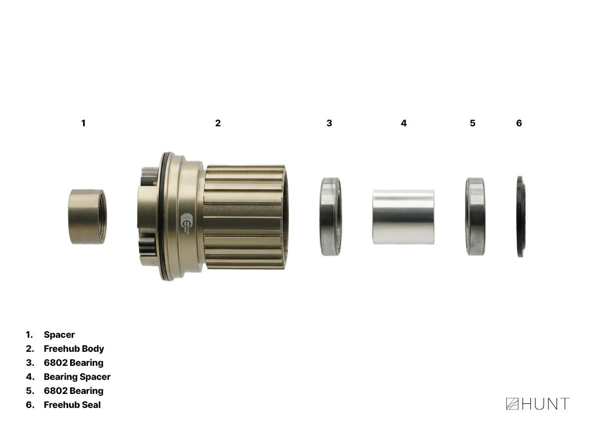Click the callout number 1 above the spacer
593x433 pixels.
click(x=83, y=123)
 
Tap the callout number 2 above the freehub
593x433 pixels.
click(x=218, y=123)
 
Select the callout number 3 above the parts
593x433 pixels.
click(x=329, y=123)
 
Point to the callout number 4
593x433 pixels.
click(x=404, y=123)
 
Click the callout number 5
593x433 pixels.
click(x=472, y=123)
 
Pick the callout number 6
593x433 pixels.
click(x=519, y=123)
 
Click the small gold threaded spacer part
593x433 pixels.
click(x=87, y=216)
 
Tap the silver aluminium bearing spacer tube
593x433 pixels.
click(x=403, y=217)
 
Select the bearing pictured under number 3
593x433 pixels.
click(x=331, y=216)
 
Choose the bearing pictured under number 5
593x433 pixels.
click(x=475, y=216)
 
